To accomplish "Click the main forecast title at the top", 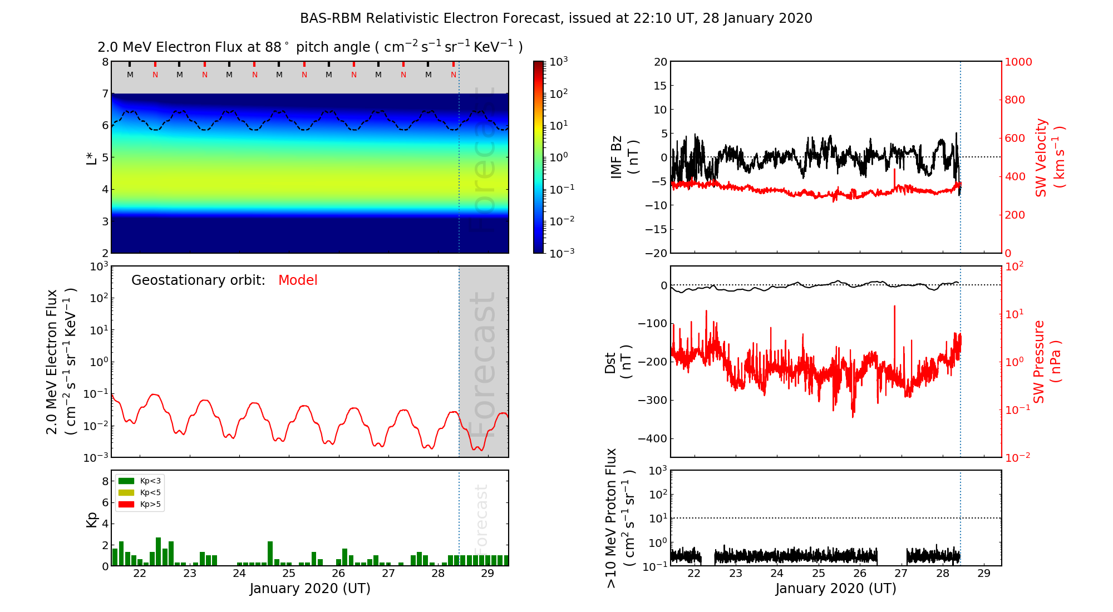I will pyautogui.click(x=556, y=18).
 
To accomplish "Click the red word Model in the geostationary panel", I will pyautogui.click(x=298, y=280).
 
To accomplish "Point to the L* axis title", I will pyautogui.click(x=91, y=157).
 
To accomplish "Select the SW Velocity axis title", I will pyautogui.click(x=1050, y=157).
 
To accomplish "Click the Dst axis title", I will pyautogui.click(x=618, y=362).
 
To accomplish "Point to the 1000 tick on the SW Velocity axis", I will pyautogui.click(x=1018, y=62).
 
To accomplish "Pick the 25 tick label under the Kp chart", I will pyautogui.click(x=288, y=574).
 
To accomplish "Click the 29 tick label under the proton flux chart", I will pyautogui.click(x=984, y=574).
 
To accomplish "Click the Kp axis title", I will pyautogui.click(x=91, y=520).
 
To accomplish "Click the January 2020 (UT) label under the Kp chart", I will pyautogui.click(x=310, y=589).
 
